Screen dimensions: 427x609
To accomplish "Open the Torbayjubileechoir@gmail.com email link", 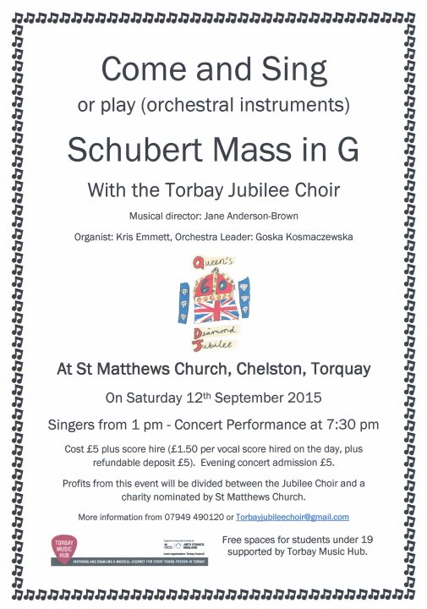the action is point(293,517).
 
